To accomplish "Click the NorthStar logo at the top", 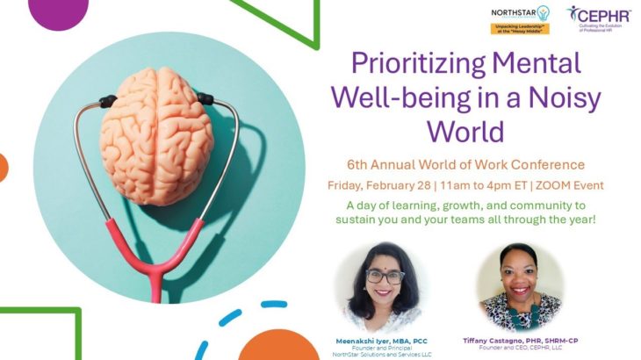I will [520, 18].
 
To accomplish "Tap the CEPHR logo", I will [599, 18].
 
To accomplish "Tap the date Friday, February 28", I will [383, 185].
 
